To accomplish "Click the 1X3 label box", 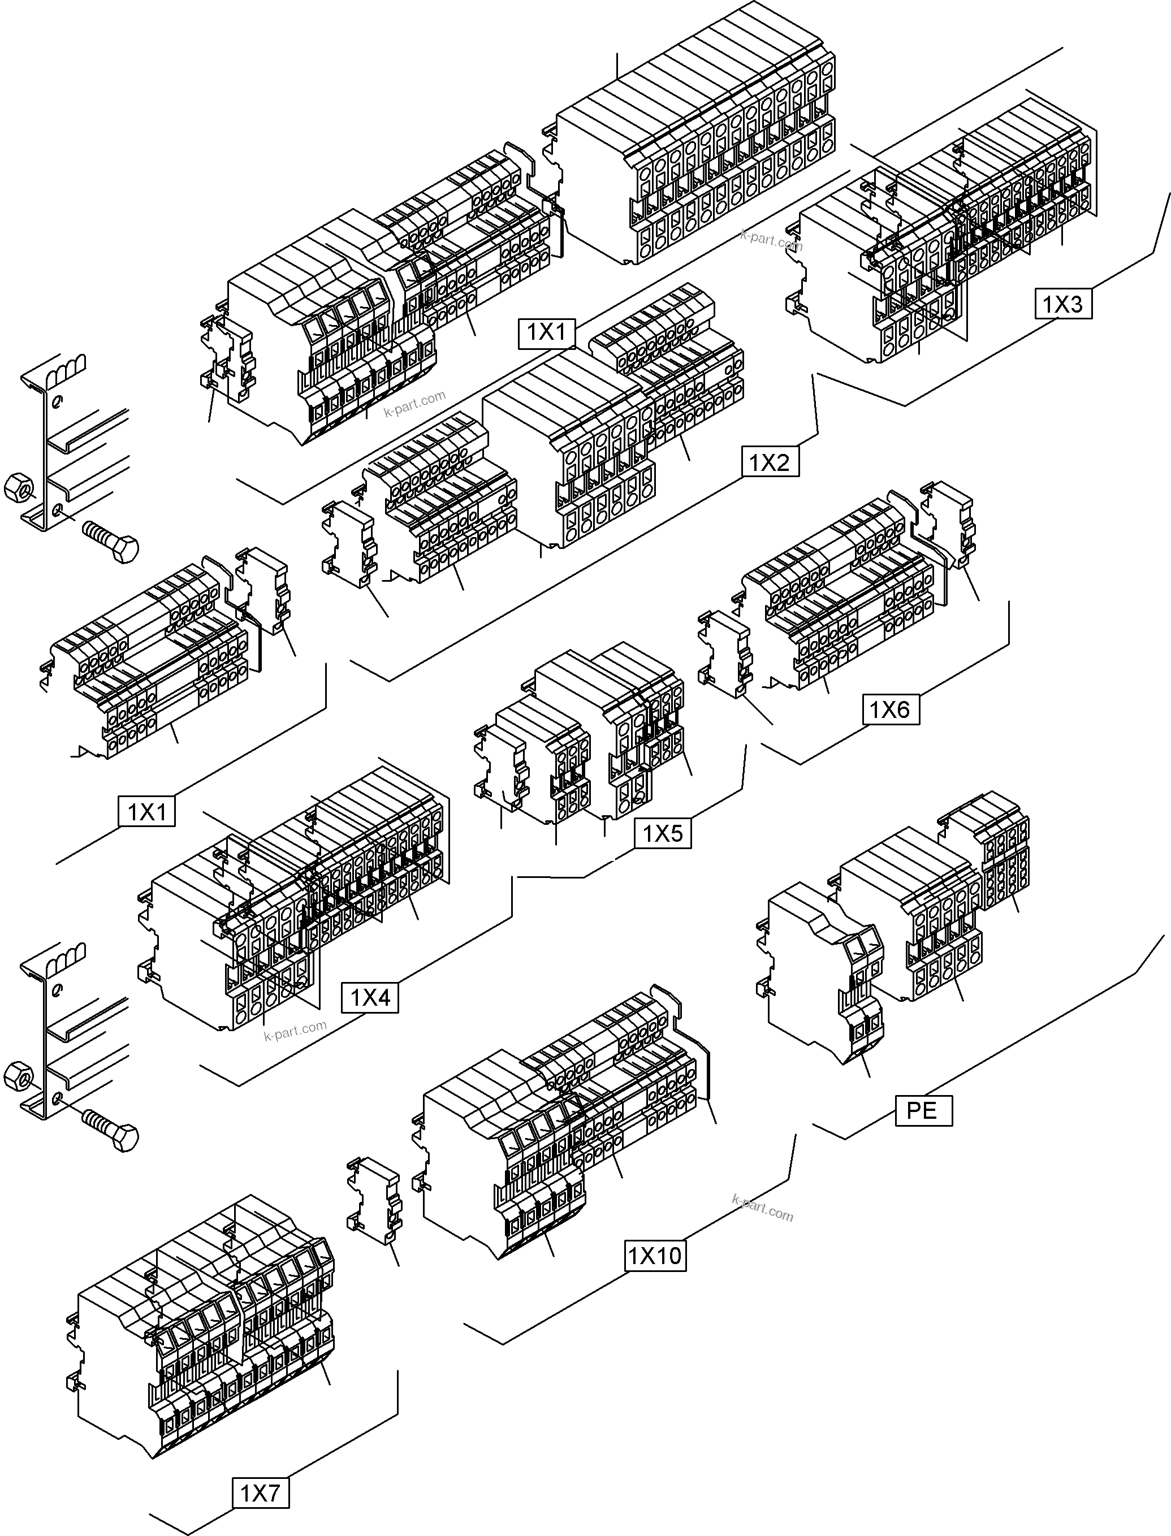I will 1063,303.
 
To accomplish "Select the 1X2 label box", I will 770,461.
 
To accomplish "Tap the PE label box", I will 923,1110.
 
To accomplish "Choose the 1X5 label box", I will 662,833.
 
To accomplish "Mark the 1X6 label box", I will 889,709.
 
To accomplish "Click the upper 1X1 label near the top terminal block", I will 546,332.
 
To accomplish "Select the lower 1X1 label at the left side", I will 146,812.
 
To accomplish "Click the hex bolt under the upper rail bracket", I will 111,540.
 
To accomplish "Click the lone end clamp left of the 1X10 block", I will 374,1200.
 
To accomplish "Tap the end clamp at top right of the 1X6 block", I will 948,523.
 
